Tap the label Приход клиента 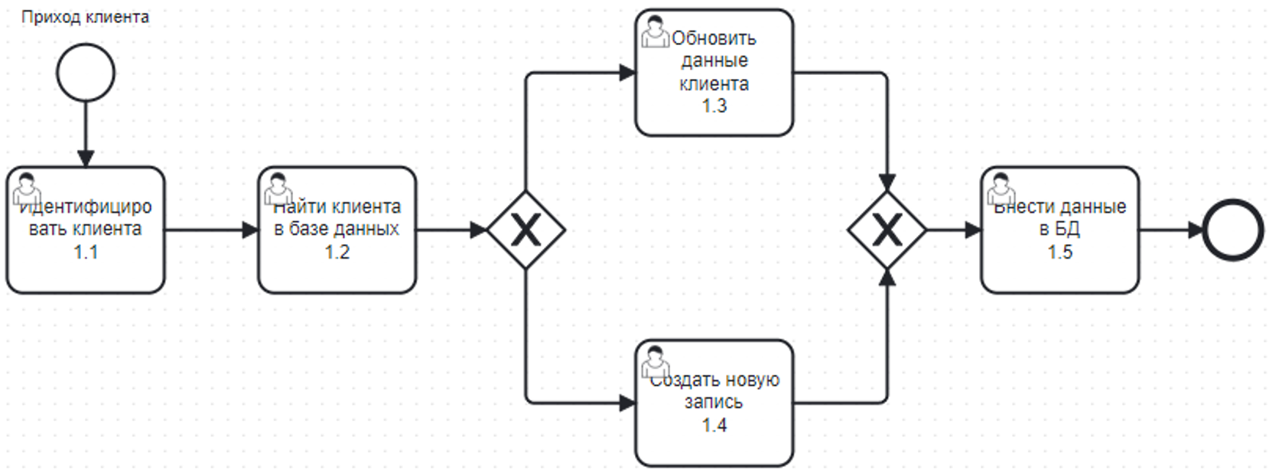pos(86,17)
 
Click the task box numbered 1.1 pos(86,230)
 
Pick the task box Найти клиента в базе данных pos(337,230)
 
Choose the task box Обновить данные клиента pos(714,73)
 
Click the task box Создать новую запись pos(714,403)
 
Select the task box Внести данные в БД pos(1060,230)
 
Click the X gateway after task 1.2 pos(526,230)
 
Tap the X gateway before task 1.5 pos(887,230)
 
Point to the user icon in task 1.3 pos(655,31)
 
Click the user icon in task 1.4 pos(655,362)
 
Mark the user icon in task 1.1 pos(27,189)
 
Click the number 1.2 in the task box pos(337,252)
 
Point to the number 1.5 pos(1060,252)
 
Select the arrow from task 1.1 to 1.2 pos(212,230)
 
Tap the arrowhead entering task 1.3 pos(627,73)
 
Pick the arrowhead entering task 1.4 pos(627,403)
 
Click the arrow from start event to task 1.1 pos(86,134)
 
